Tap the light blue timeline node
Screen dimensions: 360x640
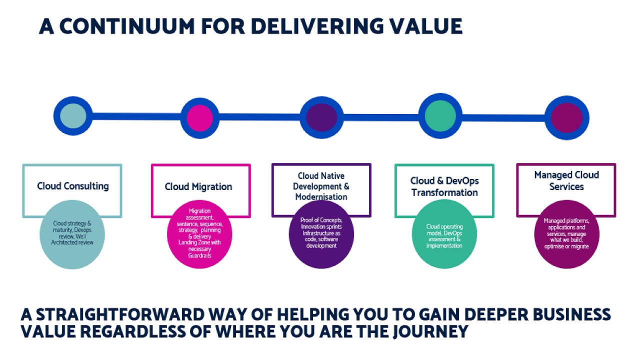tap(73, 116)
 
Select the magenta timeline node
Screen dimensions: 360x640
tap(199, 118)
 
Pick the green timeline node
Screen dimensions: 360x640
tap(440, 115)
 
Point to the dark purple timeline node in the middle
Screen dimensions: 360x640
tap(321, 117)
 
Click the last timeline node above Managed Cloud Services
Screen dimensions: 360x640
tap(566, 118)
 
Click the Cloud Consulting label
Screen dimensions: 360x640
tap(72, 186)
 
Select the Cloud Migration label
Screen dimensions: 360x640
tap(198, 186)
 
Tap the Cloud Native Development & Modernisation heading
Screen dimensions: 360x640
tap(321, 186)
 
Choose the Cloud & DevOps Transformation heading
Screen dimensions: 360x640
tap(444, 186)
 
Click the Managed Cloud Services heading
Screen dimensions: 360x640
tap(566, 180)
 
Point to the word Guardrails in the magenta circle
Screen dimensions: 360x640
tap(199, 255)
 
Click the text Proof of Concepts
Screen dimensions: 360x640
tap(321, 220)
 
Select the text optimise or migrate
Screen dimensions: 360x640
tap(566, 246)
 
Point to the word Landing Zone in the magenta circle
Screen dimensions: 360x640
tap(192, 242)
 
